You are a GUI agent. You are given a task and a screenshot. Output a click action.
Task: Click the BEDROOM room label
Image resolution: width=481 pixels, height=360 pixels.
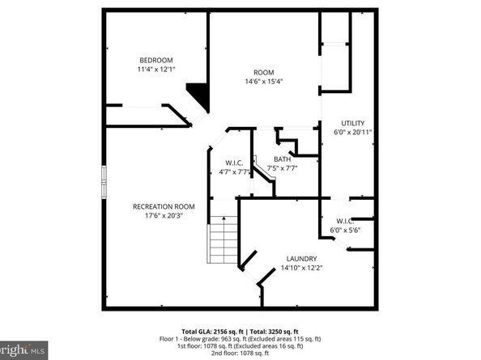tap(155, 60)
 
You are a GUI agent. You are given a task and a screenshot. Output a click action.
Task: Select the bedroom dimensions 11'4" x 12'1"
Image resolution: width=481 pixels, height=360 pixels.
tap(155, 70)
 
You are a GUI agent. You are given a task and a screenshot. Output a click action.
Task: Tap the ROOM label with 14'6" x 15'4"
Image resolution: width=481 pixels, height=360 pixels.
tap(264, 71)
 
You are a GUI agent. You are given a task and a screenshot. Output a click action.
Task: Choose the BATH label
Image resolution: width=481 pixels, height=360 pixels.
tap(282, 159)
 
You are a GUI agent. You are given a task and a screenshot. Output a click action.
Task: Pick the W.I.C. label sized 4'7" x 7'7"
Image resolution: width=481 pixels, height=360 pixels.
tap(233, 160)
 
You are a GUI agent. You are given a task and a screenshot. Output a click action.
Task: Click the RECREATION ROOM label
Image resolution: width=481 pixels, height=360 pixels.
tap(164, 205)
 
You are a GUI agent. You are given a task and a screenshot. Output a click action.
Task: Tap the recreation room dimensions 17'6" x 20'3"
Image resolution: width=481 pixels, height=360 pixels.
tap(164, 216)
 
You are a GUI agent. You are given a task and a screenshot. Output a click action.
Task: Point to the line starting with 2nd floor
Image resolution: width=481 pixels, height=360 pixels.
tap(240, 353)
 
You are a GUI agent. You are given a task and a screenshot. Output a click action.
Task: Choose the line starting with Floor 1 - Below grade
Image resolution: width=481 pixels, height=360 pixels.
tap(240, 338)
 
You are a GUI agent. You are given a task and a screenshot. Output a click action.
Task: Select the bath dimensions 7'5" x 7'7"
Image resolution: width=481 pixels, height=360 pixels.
tap(282, 169)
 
